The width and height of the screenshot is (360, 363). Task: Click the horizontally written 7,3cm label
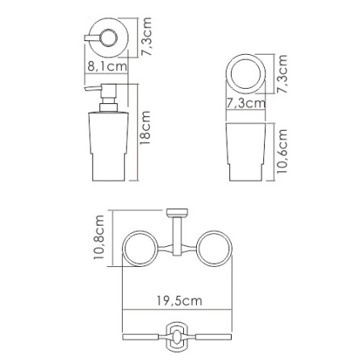[x=245, y=103]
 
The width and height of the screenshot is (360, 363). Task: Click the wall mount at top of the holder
[x=177, y=214]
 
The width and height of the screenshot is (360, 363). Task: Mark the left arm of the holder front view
[x=142, y=335]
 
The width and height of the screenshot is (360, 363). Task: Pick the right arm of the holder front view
[x=212, y=335]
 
